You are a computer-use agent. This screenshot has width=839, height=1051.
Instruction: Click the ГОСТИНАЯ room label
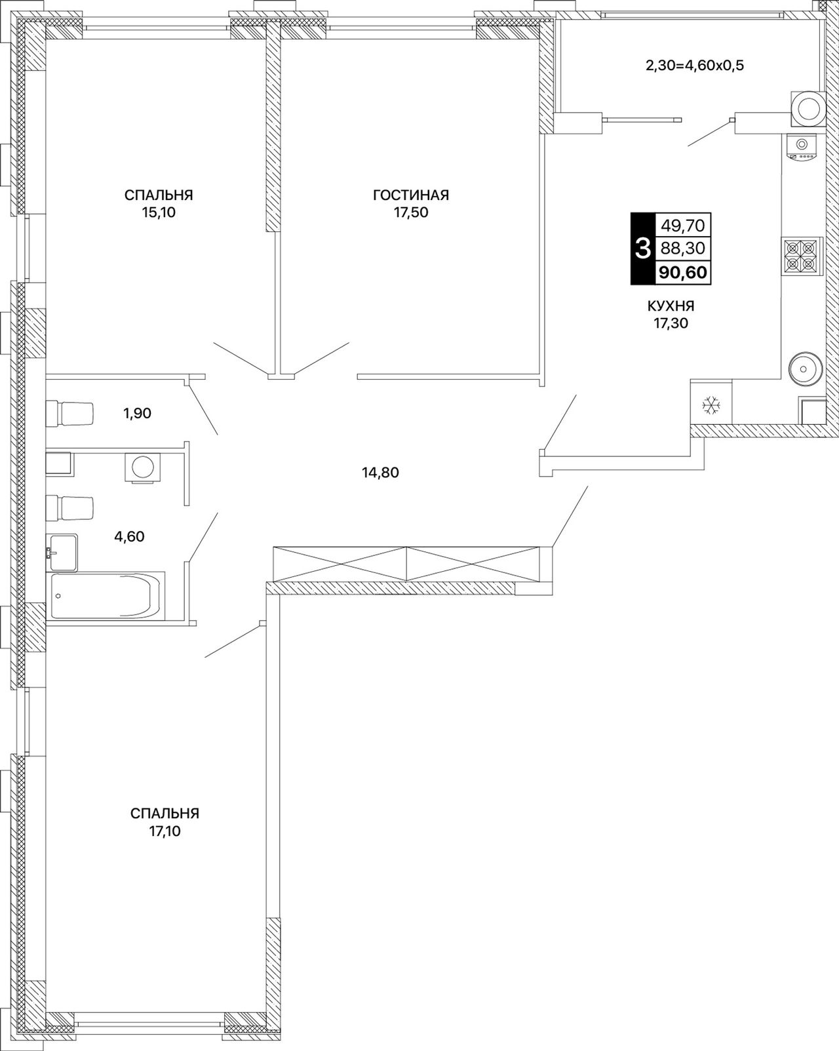[411, 195]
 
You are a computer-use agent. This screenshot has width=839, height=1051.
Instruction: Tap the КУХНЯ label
[671, 306]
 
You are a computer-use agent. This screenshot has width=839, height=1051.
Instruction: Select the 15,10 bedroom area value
[159, 213]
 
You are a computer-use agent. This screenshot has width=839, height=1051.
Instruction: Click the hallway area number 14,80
[380, 472]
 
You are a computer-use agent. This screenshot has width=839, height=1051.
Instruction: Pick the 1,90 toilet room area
[137, 413]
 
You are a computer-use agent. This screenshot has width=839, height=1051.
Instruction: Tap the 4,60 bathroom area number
[129, 536]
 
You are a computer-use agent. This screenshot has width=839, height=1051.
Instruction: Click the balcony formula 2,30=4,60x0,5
[694, 66]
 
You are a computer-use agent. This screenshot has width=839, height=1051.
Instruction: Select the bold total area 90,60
[683, 272]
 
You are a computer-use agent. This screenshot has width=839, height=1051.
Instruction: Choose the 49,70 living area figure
[683, 225]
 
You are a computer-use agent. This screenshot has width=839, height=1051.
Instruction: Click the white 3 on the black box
[643, 248]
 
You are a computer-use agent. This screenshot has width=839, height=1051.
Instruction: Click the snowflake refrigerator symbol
[711, 405]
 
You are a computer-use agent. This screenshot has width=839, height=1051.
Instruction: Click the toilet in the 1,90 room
[70, 413]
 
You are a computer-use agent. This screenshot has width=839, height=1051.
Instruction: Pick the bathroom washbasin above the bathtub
[62, 552]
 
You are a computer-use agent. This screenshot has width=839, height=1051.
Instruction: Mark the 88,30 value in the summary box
[683, 248]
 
